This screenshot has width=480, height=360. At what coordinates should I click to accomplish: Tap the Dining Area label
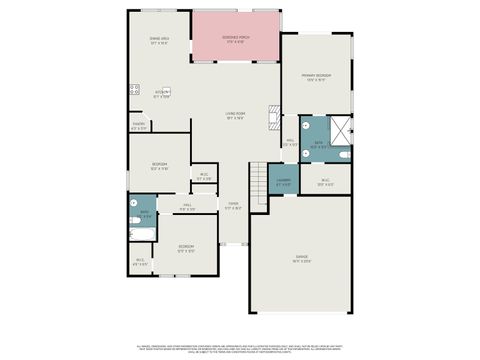click(160, 41)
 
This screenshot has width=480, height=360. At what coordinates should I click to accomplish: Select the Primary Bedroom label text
click(316, 77)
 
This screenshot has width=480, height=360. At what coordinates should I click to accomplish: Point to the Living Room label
click(236, 116)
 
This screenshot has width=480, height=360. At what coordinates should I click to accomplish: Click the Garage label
click(302, 258)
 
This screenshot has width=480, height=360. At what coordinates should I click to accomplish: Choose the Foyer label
click(232, 206)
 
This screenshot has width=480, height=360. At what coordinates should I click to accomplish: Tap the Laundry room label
click(284, 183)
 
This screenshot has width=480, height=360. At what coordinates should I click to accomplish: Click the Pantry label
click(139, 127)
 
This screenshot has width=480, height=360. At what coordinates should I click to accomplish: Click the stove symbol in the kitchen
click(133, 91)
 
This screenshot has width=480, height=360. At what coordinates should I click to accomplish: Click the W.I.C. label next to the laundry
click(325, 183)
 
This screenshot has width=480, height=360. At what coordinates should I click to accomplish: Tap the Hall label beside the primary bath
click(290, 143)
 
